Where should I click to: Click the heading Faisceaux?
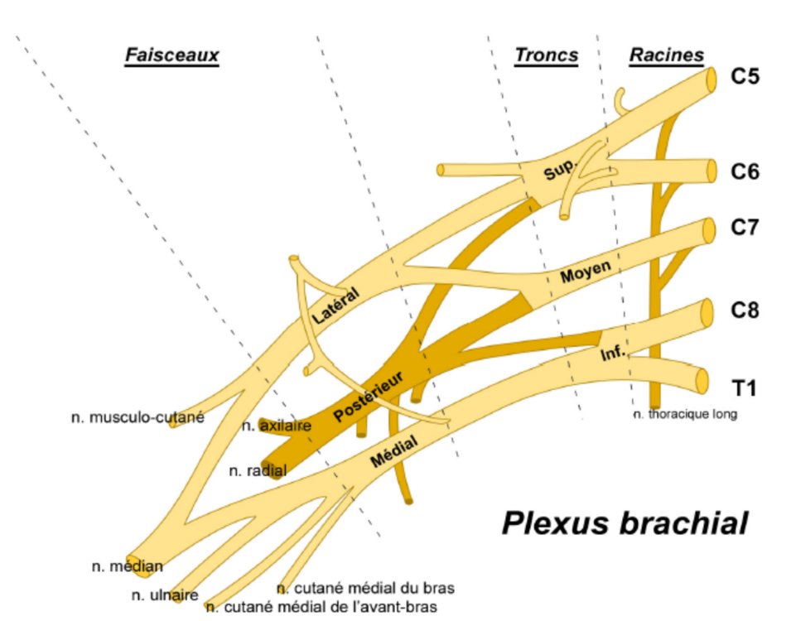pyautogui.click(x=171, y=55)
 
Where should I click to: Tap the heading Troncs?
pyautogui.click(x=546, y=55)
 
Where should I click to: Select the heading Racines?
pyautogui.click(x=666, y=55)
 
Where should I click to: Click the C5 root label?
pyautogui.click(x=745, y=77)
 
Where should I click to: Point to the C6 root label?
pyautogui.click(x=745, y=172)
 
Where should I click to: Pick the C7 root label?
pyautogui.click(x=745, y=228)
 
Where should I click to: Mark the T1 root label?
pyautogui.click(x=743, y=387)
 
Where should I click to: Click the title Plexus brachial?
pyautogui.click(x=625, y=523)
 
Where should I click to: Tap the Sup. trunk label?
pyautogui.click(x=558, y=171)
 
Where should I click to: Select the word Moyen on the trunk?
pyautogui.click(x=585, y=272)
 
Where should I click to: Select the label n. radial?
pyautogui.click(x=258, y=471)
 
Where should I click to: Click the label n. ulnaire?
pyautogui.click(x=165, y=595)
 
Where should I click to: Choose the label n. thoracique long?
pyautogui.click(x=684, y=414)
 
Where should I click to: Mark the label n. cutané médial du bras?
pyautogui.click(x=365, y=589)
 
